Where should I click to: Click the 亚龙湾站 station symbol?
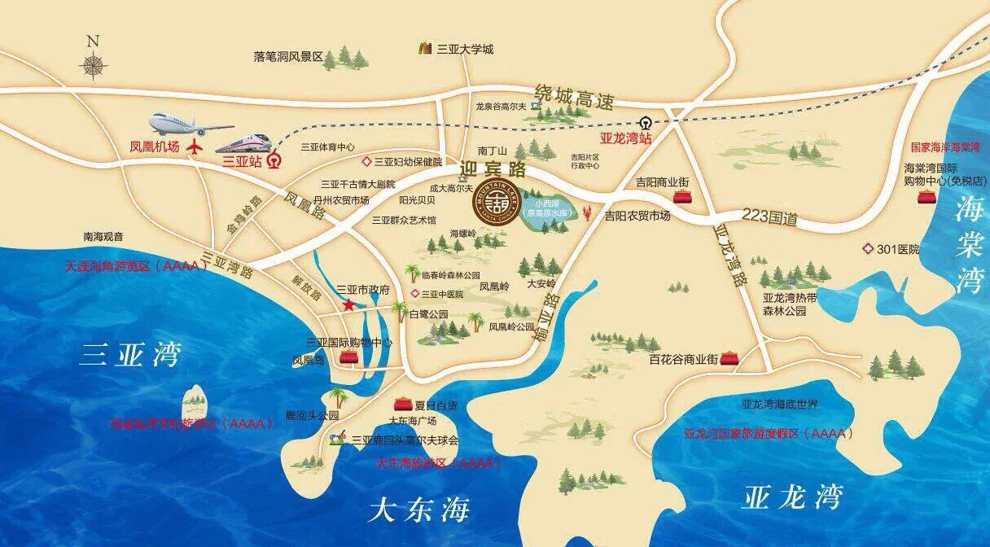645,124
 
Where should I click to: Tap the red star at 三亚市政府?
348,305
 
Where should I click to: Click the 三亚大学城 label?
465,49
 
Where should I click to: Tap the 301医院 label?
898,249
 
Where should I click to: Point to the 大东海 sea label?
419,511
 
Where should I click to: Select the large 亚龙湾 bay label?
791,497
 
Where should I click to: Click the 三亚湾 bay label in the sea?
129,356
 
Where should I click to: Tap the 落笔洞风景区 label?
288,57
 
